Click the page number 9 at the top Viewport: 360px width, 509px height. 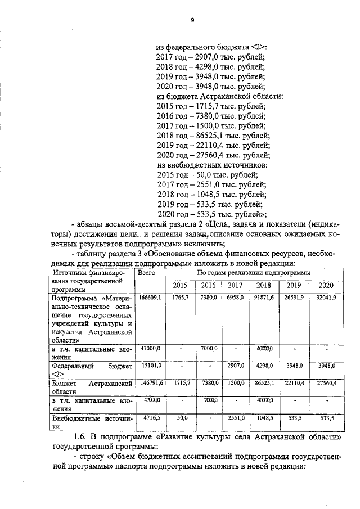coord(192,20)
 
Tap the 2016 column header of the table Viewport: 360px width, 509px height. coord(208,285)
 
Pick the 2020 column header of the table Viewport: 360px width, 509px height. coord(325,285)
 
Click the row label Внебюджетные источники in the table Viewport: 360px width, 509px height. coord(91,422)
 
